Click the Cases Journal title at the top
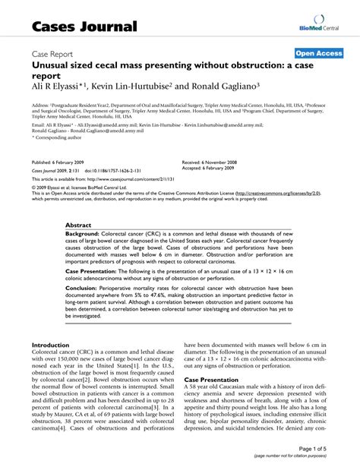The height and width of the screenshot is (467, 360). point(84,27)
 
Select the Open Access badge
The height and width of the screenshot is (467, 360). point(317,54)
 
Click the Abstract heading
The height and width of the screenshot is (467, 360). point(79,226)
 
